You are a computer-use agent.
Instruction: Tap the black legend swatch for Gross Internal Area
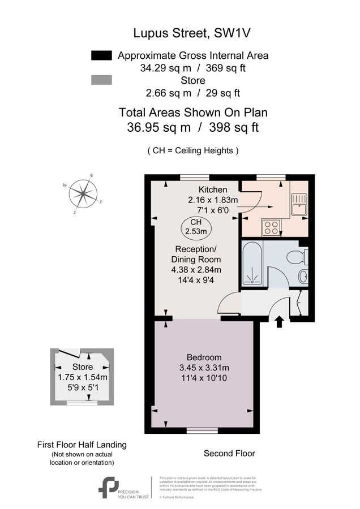pos(102,55)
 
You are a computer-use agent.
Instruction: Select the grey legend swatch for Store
pos(102,81)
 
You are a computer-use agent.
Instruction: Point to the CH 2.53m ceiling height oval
pos(196,226)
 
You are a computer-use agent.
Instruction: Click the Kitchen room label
pos(213,189)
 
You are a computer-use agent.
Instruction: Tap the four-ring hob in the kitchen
pos(271,227)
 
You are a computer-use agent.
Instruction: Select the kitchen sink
pos(298,204)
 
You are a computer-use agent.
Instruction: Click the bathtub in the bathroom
pos(252,264)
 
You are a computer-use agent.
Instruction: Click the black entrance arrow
pos(278,322)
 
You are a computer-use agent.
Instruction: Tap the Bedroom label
pos(204,357)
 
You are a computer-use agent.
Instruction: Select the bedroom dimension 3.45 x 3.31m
pos(204,368)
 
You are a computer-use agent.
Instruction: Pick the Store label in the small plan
pos(82,367)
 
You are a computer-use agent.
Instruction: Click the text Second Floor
pos(229,453)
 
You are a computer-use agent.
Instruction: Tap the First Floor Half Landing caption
pos(82,445)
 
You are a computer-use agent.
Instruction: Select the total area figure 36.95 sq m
pos(159,128)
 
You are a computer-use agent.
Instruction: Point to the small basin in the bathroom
pos(303,277)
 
